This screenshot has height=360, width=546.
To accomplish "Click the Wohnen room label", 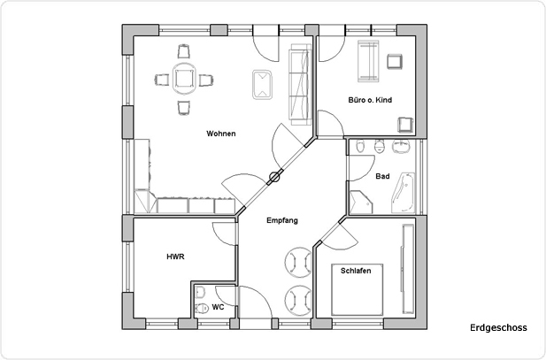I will tap(220, 134).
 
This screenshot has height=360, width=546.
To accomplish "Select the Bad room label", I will tap(382, 176).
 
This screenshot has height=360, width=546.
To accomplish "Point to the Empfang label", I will tap(281, 220).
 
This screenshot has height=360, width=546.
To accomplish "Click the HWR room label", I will tap(174, 257).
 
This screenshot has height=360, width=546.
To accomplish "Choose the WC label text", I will tap(217, 308).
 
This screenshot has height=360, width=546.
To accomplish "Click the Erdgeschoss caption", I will tap(498, 327).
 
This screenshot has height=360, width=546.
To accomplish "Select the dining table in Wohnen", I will tap(184, 80).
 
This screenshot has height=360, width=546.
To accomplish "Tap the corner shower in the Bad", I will tap(362, 201).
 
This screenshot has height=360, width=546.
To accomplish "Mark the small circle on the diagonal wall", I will tap(274, 177).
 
